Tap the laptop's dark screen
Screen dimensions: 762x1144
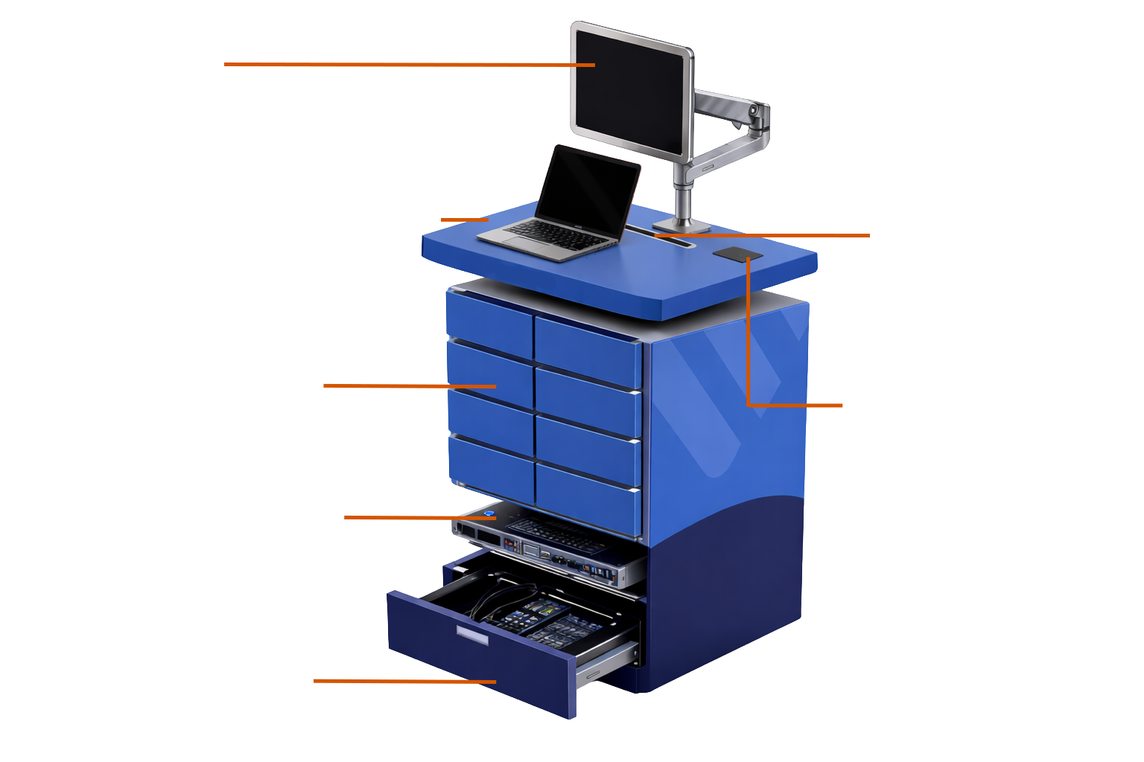click(x=588, y=190)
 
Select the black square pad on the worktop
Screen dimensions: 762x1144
click(x=737, y=254)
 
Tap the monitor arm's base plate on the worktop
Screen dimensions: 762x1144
click(x=681, y=224)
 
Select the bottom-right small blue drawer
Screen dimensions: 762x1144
click(x=588, y=498)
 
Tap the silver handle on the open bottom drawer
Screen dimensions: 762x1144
click(x=472, y=634)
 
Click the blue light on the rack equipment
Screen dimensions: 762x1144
click(x=489, y=512)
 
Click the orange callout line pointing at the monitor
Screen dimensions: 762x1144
click(x=410, y=65)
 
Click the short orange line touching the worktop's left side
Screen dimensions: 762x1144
click(x=464, y=220)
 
